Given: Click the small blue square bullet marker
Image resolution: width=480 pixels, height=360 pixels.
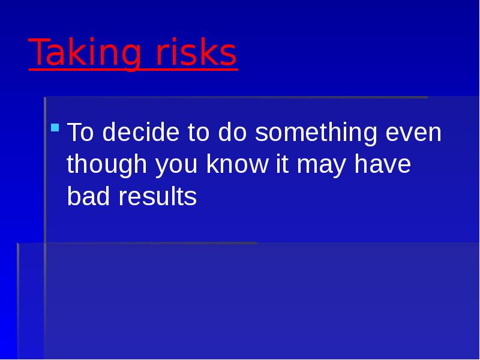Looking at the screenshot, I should [x=55, y=127].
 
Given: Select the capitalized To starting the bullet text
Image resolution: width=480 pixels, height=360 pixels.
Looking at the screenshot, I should [x=81, y=133].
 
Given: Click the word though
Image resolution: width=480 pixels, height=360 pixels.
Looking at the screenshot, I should [x=107, y=165].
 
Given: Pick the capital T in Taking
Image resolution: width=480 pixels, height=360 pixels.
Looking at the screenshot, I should [x=38, y=53].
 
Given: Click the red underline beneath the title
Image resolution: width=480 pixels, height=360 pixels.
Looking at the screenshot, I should [x=132, y=71].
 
